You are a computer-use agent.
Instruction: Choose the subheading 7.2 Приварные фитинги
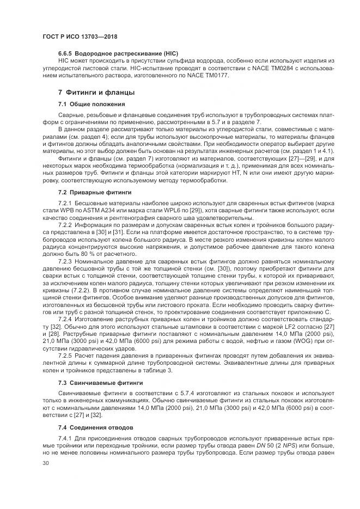coord(95,192)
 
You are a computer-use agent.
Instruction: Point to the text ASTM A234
coord(107,210)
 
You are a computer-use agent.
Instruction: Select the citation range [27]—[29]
coord(288,158)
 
